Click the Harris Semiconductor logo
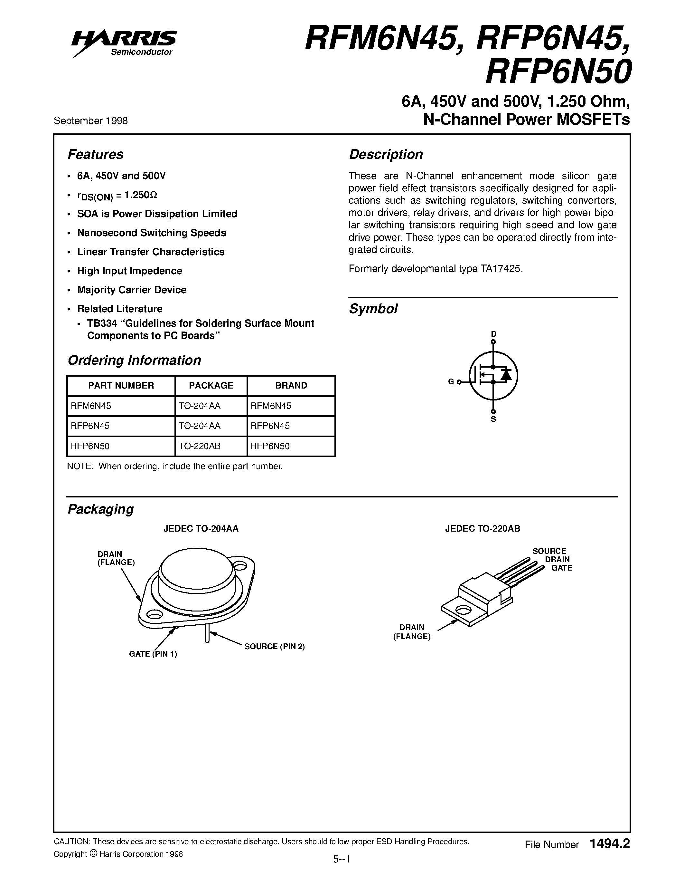coord(124,43)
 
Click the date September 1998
coord(91,121)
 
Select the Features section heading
coord(95,155)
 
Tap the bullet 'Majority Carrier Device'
coord(132,290)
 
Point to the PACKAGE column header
coord(211,385)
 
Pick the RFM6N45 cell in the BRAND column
coord(271,406)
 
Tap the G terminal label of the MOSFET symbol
coord(451,382)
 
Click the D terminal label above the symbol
coord(493,334)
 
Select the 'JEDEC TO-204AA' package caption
coord(201,529)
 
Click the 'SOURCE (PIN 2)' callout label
coord(274,646)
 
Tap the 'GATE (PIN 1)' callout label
coord(153,654)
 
